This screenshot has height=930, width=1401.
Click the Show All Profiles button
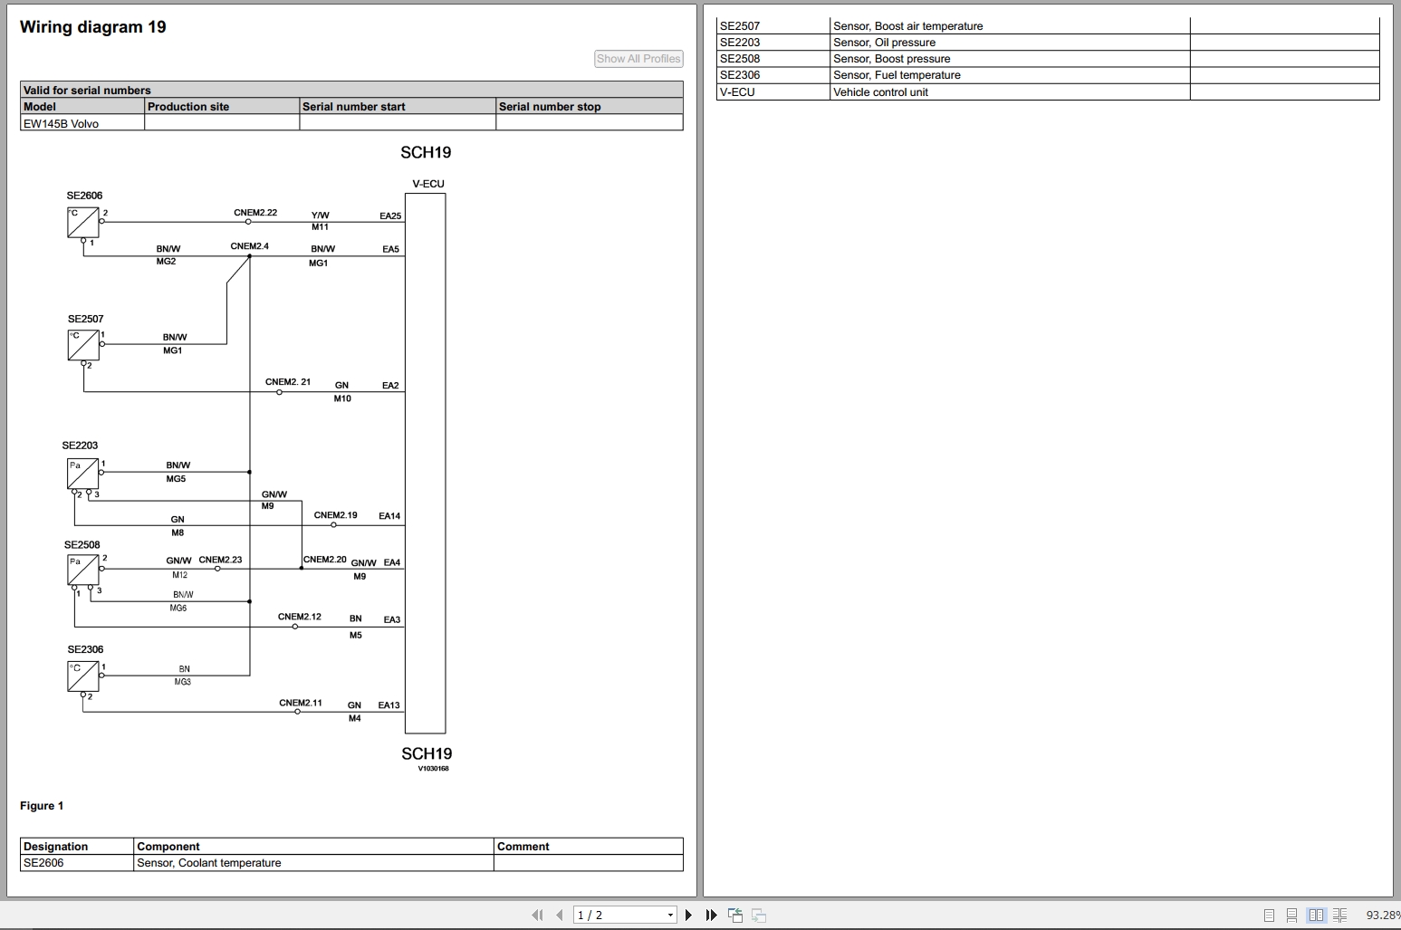pyautogui.click(x=638, y=59)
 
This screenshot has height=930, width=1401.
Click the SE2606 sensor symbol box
pyautogui.click(x=82, y=223)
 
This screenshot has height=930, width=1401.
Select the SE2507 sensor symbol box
pyautogui.click(x=83, y=345)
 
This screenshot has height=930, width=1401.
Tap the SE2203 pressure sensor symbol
pyautogui.click(x=82, y=474)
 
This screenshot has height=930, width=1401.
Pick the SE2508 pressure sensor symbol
pyautogui.click(x=82, y=570)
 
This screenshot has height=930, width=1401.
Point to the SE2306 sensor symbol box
pyautogui.click(x=82, y=676)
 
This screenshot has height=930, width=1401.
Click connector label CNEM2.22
pyautogui.click(x=255, y=213)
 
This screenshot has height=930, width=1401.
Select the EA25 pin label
pyautogui.click(x=390, y=216)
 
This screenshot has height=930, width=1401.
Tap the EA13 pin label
pyautogui.click(x=389, y=705)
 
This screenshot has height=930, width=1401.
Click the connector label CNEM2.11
pyautogui.click(x=300, y=703)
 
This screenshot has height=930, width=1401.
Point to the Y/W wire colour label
pyautogui.click(x=320, y=216)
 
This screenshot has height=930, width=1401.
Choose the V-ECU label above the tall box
pyautogui.click(x=427, y=184)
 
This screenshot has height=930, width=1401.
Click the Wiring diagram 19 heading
pyautogui.click(x=93, y=27)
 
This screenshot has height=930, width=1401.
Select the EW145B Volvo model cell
pyautogui.click(x=62, y=124)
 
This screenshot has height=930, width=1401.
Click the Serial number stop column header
pyautogui.click(x=550, y=107)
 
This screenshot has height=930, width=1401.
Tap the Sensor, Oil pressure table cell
pyautogui.click(x=884, y=43)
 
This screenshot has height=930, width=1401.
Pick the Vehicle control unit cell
pyautogui.click(x=880, y=92)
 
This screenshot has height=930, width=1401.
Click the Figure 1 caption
pyautogui.click(x=42, y=806)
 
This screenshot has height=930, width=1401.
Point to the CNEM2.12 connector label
pyautogui.click(x=299, y=617)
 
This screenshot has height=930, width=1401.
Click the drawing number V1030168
pyautogui.click(x=433, y=769)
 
